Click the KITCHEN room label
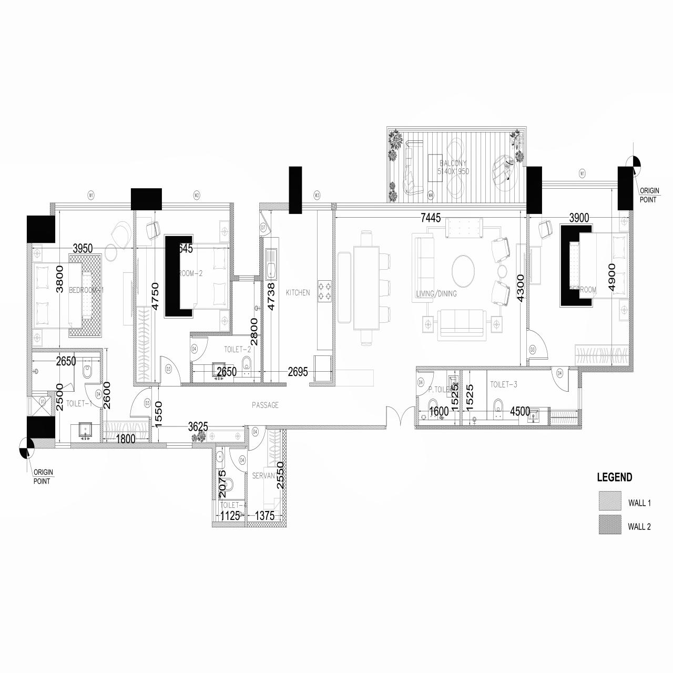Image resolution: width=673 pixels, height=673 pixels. click(x=298, y=293)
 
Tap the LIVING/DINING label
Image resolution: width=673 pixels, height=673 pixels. click(x=436, y=294)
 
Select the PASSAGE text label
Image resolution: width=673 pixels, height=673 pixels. click(x=265, y=405)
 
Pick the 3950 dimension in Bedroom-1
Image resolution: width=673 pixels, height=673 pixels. click(x=83, y=248)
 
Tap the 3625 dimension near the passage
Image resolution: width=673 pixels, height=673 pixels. click(x=198, y=427)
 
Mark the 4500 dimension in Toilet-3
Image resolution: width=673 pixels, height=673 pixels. click(x=519, y=412)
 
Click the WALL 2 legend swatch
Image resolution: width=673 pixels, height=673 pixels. click(x=609, y=525)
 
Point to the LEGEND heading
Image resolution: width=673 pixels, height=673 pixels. click(x=614, y=478)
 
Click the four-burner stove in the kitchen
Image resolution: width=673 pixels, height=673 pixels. click(x=324, y=291)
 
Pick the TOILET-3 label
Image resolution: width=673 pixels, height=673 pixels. click(x=504, y=385)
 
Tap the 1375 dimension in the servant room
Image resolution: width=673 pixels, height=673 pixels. click(x=264, y=516)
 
